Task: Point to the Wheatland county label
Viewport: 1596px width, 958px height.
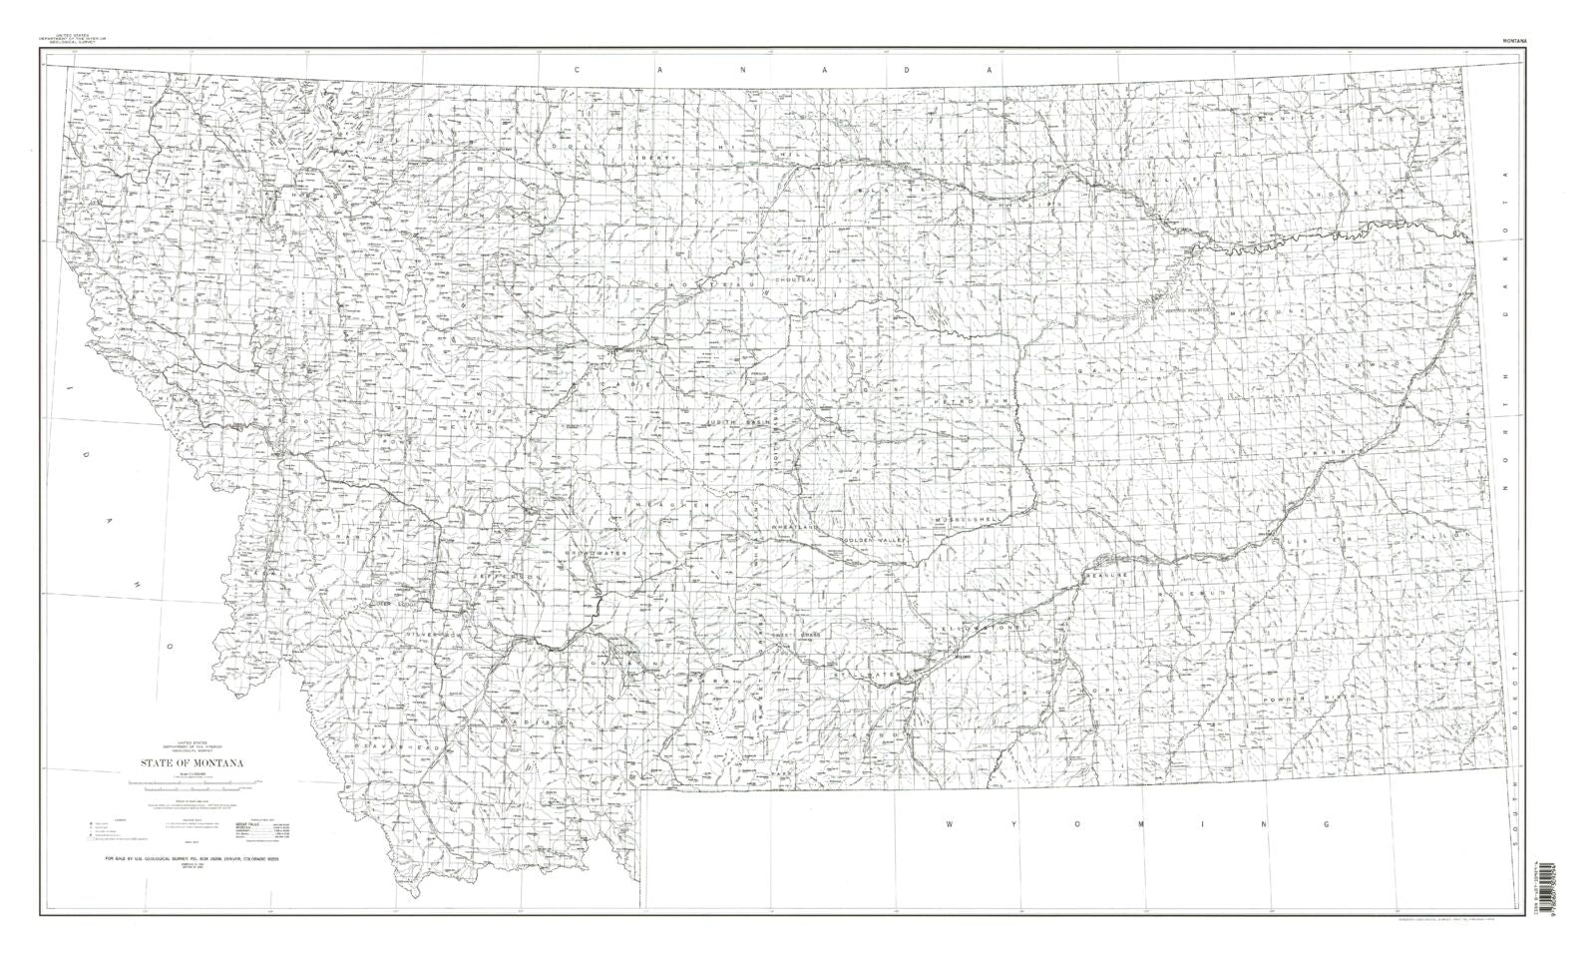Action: (x=794, y=526)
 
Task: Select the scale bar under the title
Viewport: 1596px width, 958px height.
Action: (x=190, y=787)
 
